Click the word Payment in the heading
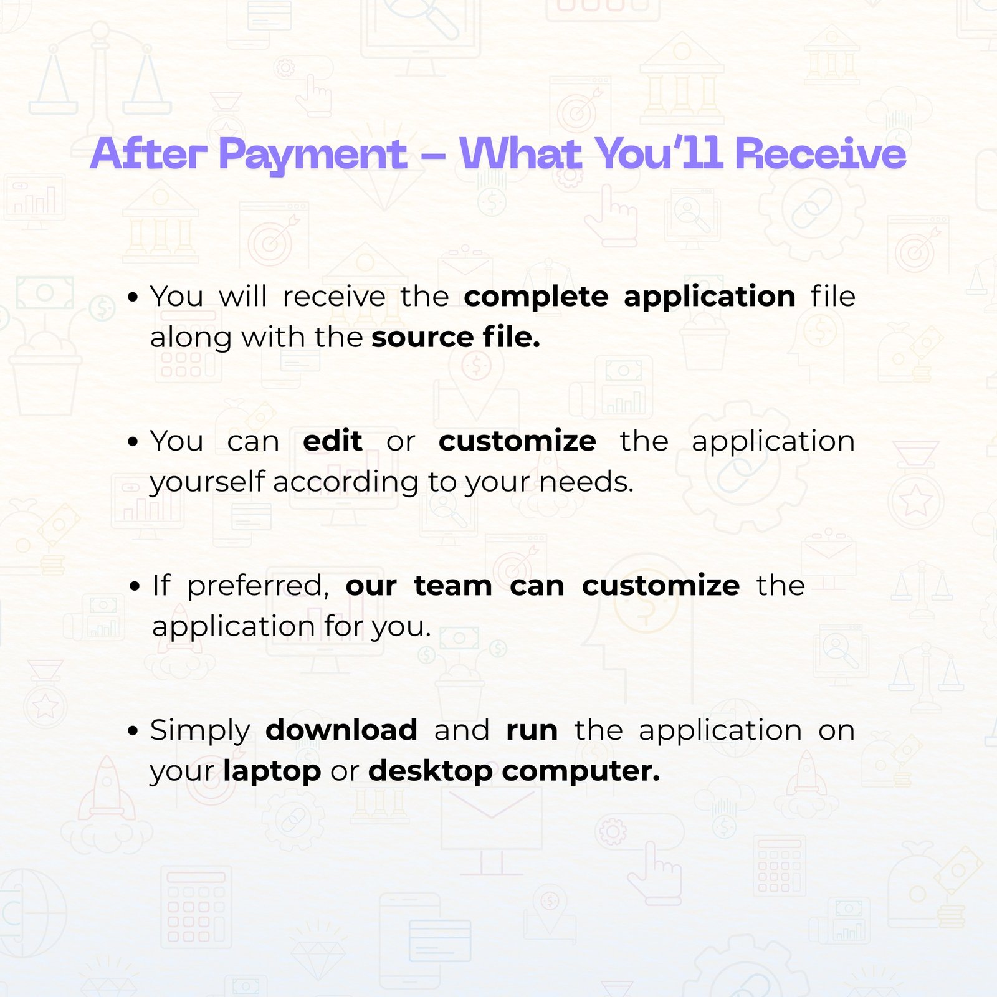(x=313, y=155)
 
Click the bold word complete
(x=536, y=297)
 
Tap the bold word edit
(x=333, y=441)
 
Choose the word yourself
(x=208, y=482)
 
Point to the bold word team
(x=453, y=586)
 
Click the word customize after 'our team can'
(x=661, y=585)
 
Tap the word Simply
(x=200, y=731)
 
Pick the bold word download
(x=341, y=730)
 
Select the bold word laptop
(x=272, y=772)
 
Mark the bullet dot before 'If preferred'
(x=135, y=587)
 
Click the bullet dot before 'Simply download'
(x=132, y=732)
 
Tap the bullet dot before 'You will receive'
(x=132, y=298)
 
